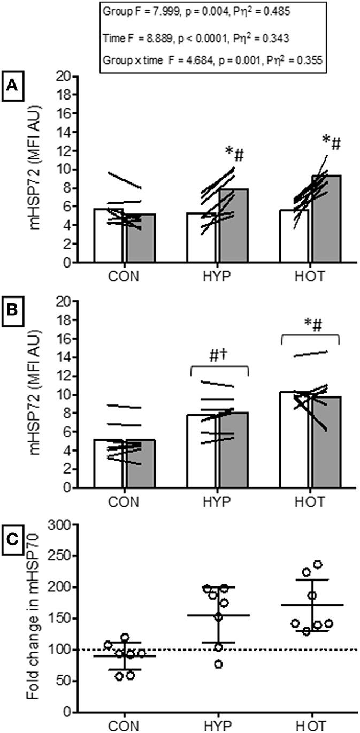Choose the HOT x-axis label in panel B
coord(310,503)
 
